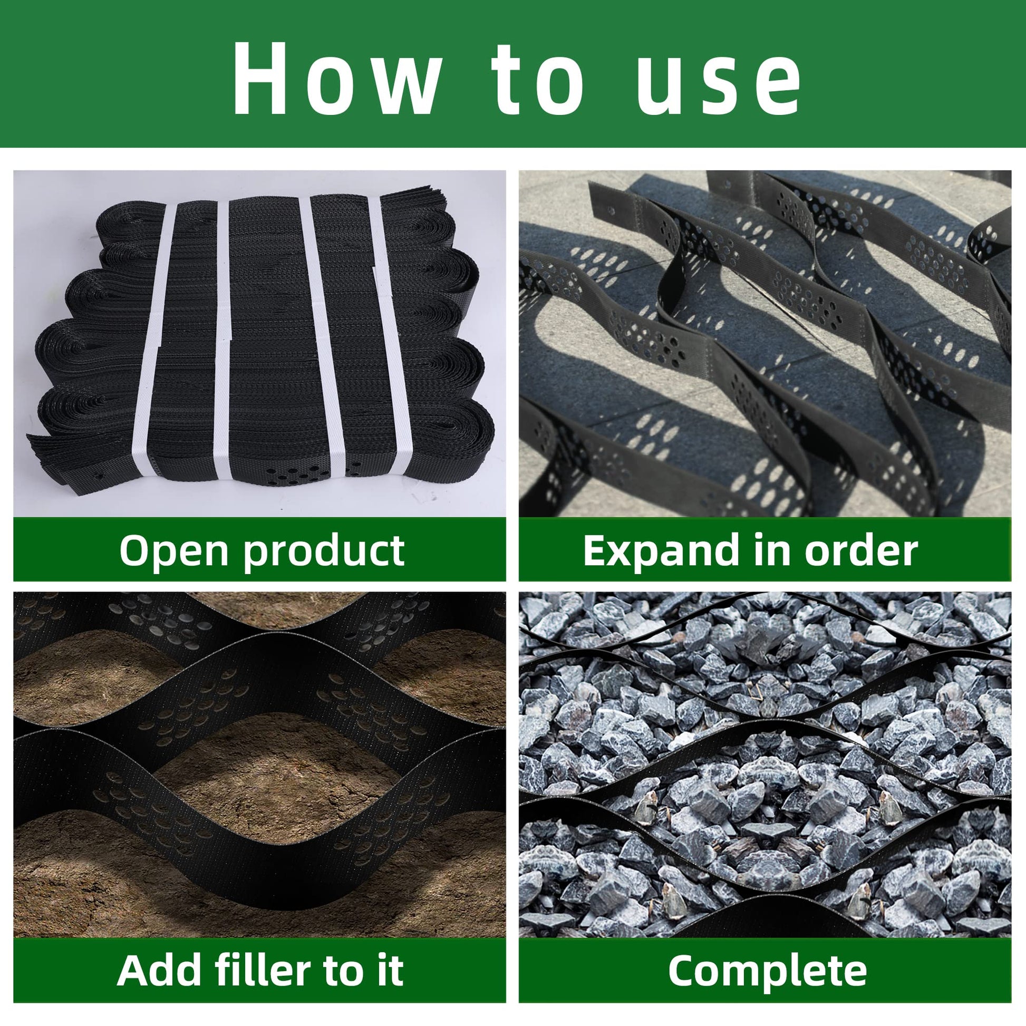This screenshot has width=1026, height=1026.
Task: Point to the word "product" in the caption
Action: (x=323, y=550)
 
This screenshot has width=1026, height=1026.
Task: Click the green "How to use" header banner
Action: (x=513, y=74)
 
